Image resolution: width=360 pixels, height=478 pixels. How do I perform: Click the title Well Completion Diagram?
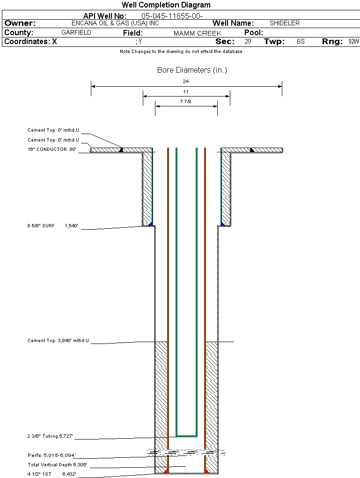166,5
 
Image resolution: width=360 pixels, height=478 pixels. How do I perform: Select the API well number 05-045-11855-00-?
172,16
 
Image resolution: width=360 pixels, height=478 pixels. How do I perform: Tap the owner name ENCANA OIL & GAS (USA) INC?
115,23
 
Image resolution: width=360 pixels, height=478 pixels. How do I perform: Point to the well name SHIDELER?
285,23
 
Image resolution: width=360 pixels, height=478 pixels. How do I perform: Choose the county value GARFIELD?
76,33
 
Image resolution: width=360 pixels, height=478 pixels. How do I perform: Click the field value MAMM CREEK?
198,33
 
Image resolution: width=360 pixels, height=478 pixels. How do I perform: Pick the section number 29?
248,41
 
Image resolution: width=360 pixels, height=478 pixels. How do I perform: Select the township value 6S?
301,41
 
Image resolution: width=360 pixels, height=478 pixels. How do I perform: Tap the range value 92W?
353,41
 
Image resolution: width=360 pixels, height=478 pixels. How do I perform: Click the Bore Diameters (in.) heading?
192,70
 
